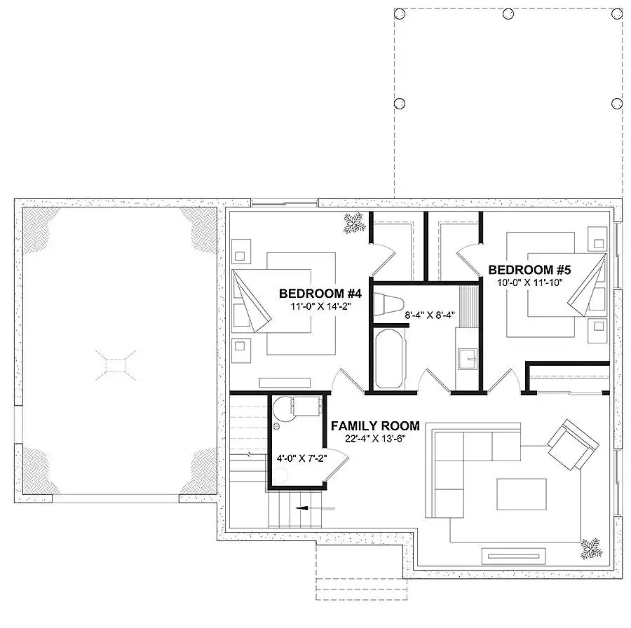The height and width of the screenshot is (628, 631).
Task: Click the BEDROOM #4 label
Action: click(320, 293)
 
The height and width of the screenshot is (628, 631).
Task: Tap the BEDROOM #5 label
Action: click(529, 270)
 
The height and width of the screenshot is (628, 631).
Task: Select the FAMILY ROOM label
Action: click(375, 425)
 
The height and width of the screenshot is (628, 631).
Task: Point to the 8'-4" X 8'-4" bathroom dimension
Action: click(430, 315)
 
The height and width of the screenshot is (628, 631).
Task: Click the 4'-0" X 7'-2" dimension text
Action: click(301, 458)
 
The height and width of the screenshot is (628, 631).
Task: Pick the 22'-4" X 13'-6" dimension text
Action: click(375, 438)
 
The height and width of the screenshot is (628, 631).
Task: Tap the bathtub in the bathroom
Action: click(388, 359)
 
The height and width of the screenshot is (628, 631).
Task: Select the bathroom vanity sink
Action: click(468, 358)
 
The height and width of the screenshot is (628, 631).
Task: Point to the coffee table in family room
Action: click(521, 494)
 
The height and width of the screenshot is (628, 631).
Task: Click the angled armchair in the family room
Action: click(573, 444)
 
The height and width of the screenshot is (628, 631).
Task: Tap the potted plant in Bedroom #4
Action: click(354, 223)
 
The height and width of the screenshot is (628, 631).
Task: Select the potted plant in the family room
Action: click(592, 549)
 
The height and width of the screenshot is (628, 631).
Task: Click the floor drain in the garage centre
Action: click(116, 365)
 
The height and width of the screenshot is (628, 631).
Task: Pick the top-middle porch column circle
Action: click(508, 14)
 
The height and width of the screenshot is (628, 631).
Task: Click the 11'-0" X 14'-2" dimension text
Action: click(320, 306)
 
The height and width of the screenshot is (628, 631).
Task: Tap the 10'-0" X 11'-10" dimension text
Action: click(529, 282)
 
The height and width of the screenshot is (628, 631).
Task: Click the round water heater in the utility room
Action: click(285, 409)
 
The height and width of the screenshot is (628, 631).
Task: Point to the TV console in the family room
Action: click(513, 557)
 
